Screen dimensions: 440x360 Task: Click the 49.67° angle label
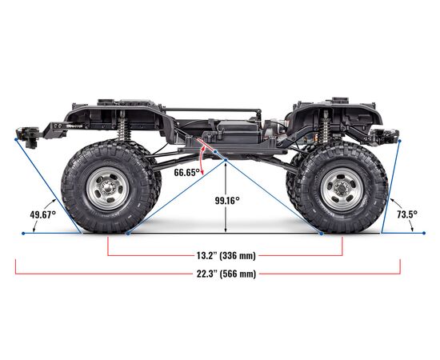click(43, 215)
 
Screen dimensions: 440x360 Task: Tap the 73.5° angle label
click(407, 214)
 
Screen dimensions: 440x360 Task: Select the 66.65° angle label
click(187, 172)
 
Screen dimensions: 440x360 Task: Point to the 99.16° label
click(227, 200)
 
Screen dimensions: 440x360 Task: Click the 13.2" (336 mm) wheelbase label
click(226, 256)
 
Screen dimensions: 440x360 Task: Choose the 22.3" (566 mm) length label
click(226, 274)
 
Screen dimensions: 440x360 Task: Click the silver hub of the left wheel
click(107, 189)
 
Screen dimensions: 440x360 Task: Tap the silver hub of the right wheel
click(342, 189)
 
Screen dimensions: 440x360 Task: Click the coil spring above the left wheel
click(122, 129)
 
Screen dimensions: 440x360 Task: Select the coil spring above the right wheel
click(325, 129)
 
